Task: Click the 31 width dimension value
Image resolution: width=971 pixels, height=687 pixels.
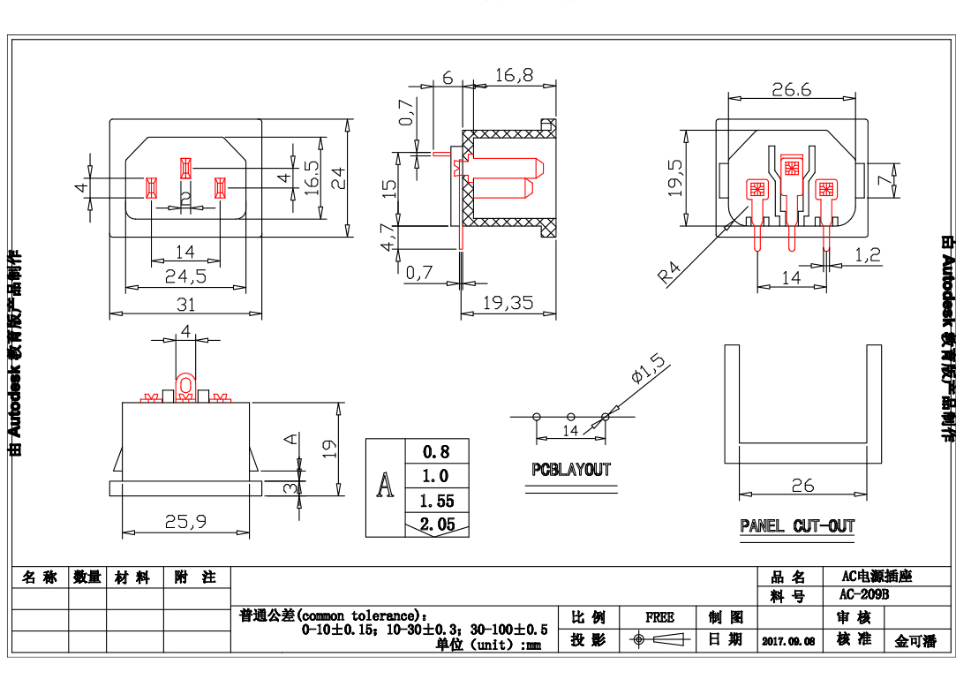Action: [184, 305]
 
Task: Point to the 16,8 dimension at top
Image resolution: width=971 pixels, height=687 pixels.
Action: [513, 76]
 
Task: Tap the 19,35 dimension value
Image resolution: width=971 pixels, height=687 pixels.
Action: [509, 303]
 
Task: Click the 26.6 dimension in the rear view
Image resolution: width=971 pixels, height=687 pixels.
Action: [791, 89]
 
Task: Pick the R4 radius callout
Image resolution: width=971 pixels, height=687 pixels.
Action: [671, 273]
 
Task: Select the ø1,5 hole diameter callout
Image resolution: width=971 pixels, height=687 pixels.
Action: [651, 366]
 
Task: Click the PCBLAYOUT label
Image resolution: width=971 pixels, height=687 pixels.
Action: [571, 470]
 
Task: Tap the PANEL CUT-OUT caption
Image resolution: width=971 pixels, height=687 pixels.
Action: [797, 526]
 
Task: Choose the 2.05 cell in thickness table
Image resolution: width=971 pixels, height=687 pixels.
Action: [437, 525]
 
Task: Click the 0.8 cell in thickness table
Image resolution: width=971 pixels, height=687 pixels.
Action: [437, 451]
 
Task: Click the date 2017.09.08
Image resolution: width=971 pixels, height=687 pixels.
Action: [787, 641]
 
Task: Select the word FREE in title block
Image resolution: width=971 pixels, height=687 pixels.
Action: [659, 617]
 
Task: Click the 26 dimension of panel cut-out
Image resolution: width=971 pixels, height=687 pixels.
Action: [802, 486]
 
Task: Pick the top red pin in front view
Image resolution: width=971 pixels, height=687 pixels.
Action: [185, 167]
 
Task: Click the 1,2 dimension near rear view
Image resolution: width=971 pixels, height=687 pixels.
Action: [869, 255]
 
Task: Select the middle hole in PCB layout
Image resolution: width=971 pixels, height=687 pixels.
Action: [571, 416]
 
